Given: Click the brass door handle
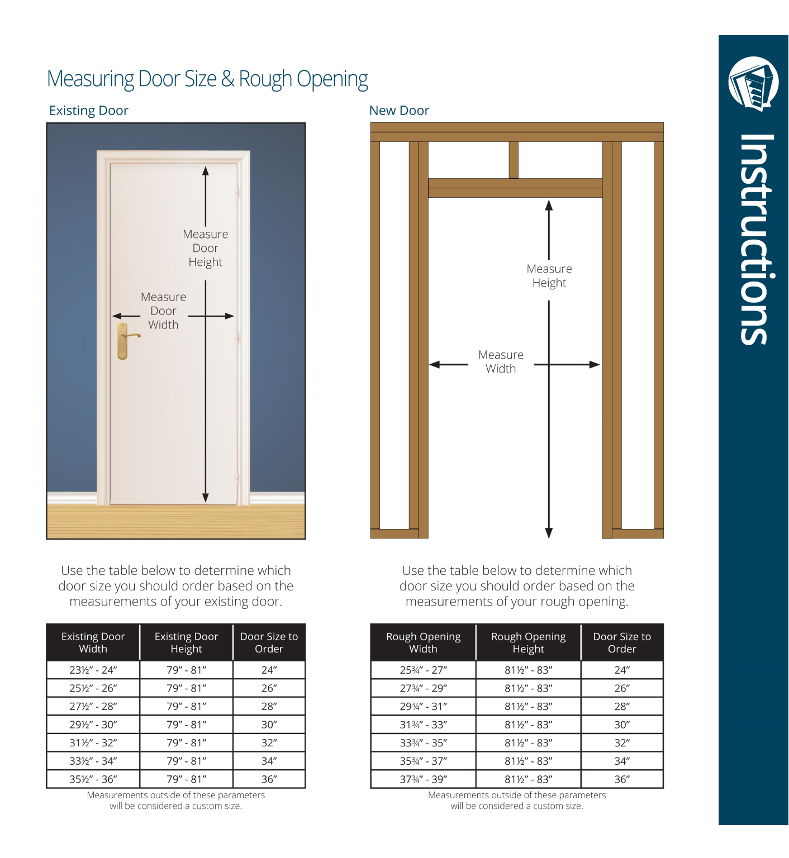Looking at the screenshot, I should coord(123,340).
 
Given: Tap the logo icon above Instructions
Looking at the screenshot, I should coord(753,84).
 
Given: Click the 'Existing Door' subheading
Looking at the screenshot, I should coord(89,111).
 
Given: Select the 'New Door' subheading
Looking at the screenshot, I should coord(399,111).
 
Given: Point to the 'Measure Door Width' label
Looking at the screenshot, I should coord(163,311).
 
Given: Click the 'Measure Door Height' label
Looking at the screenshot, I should coord(205,248).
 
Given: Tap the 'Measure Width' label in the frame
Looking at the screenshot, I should coord(501,361).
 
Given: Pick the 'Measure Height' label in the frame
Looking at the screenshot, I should coord(549,275).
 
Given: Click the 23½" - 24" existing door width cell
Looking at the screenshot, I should coord(93,670).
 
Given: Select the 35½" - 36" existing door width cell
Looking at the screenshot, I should coord(93,779).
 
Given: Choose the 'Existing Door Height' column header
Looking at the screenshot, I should coord(186,642).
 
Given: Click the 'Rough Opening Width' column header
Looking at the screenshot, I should coord(423,642).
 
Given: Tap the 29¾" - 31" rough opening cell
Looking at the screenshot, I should coord(423,707).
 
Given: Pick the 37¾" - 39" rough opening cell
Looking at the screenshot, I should coord(423,779).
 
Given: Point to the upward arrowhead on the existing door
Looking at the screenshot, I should coord(206,171).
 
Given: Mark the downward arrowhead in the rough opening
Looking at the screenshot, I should coord(549,533).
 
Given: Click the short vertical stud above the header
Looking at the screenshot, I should coord(514,160).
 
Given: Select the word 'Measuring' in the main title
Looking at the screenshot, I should coord(91,79).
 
